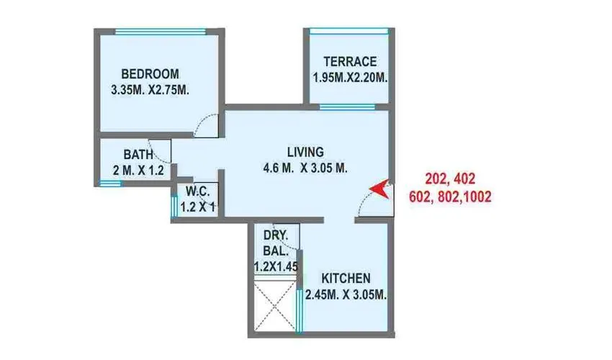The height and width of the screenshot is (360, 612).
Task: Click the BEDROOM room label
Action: [150, 74]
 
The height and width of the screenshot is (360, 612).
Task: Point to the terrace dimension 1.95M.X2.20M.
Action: [350, 78]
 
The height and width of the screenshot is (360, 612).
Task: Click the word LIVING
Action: [305, 153]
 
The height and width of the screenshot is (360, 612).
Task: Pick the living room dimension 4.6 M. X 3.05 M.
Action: [306, 169]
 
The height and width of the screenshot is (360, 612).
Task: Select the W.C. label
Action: [197, 192]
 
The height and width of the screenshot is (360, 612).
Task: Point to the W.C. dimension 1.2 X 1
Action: [197, 207]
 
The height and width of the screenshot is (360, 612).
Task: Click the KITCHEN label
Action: [346, 279]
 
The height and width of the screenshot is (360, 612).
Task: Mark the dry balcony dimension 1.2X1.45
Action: [276, 267]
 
